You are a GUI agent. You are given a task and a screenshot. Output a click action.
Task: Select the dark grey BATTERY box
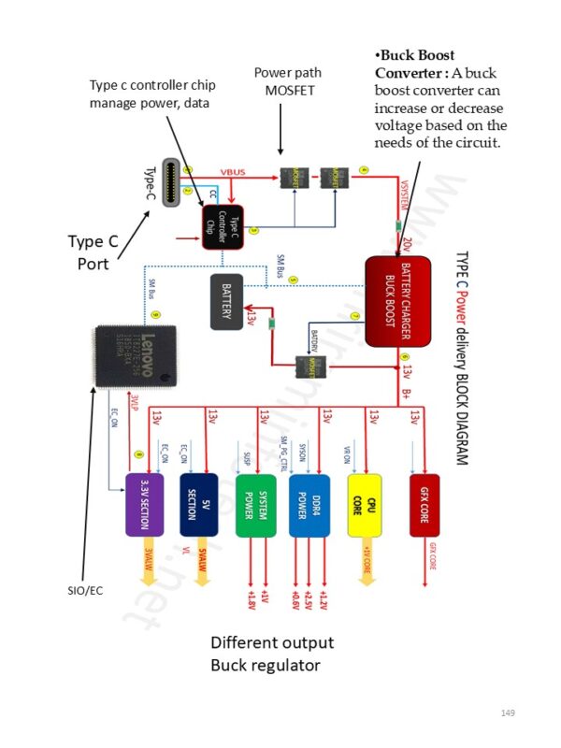click(x=232, y=301)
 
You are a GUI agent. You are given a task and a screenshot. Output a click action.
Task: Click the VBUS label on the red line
click(x=233, y=173)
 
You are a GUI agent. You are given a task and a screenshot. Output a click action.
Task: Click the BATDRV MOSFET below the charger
click(x=307, y=365)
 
